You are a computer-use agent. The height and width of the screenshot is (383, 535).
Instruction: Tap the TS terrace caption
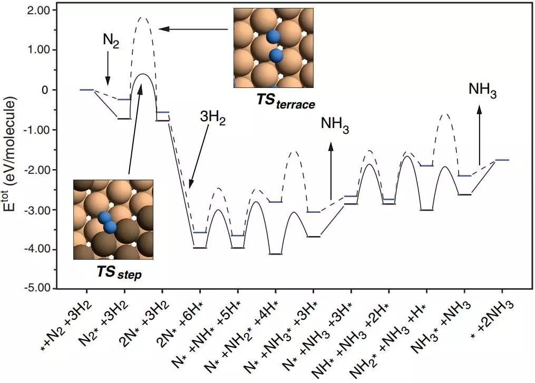(286, 103)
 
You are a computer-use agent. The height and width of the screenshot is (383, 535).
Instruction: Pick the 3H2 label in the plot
(212, 121)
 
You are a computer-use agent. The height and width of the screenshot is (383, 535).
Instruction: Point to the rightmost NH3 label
(482, 90)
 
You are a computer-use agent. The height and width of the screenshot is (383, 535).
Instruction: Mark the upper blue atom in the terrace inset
(273, 36)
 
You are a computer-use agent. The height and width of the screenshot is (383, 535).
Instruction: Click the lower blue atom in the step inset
(110, 227)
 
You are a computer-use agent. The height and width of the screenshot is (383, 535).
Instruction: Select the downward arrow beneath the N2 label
(107, 68)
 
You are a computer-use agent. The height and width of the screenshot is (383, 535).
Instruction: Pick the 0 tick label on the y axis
(45, 90)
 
